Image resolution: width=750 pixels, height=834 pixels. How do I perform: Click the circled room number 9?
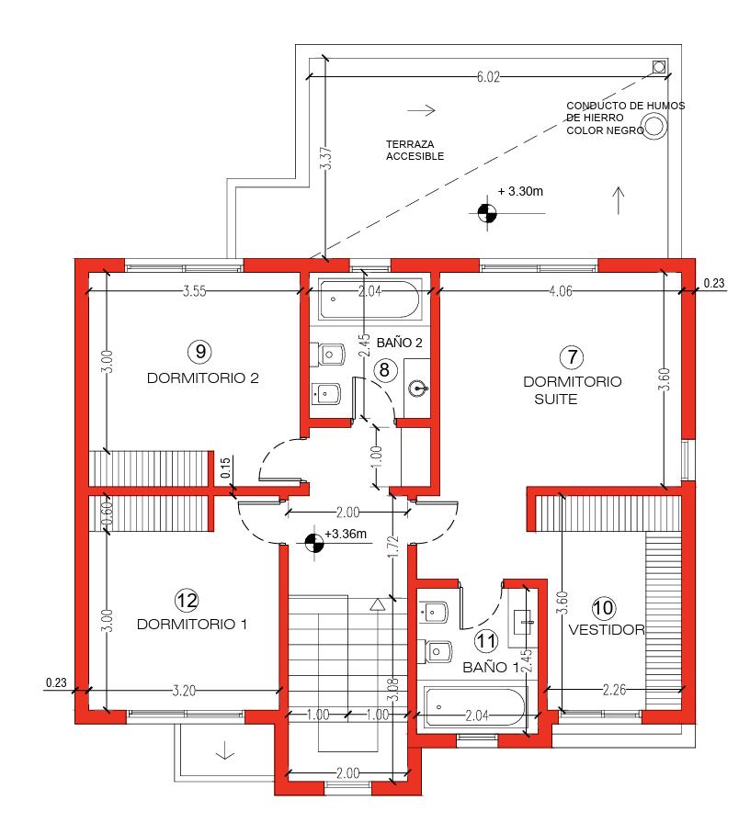200,352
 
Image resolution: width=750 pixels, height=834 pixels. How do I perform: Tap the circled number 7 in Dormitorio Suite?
572,357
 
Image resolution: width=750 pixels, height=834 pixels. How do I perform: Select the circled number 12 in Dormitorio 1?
187,601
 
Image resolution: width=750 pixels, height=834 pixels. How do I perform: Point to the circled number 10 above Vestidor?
603,607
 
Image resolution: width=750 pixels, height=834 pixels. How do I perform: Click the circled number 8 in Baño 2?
385,369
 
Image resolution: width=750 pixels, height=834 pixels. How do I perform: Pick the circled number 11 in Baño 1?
485,641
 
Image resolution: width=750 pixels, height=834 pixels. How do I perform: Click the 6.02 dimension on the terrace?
488,77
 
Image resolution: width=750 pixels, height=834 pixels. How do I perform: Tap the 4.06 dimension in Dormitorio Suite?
561,291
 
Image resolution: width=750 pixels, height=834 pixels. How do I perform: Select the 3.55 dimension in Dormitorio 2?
194,291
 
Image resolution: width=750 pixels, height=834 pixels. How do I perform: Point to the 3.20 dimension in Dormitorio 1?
184,691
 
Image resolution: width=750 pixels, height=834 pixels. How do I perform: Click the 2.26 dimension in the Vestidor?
614,690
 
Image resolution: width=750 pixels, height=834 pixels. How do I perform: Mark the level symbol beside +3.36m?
314,543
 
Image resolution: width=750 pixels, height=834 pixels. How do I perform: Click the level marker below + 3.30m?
487,213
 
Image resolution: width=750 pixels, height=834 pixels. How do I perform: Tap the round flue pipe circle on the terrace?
655,128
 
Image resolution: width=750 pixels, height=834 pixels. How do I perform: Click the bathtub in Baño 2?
370,299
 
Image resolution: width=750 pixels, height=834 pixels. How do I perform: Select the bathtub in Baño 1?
475,707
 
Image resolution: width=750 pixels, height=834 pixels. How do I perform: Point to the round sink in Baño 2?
418,389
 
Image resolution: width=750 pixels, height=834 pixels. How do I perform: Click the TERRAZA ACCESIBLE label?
415,150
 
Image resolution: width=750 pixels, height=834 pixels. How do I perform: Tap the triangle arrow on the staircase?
377,604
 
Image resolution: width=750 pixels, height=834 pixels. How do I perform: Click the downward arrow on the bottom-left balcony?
225,750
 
